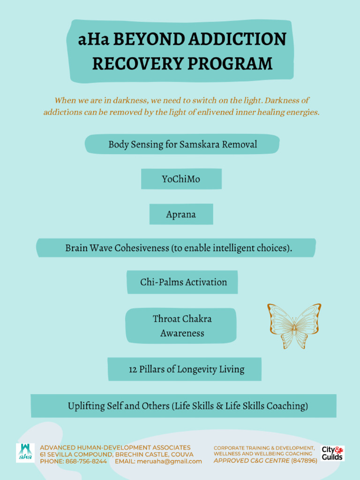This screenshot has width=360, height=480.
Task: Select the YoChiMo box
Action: (x=181, y=179)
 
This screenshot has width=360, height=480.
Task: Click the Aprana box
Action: (x=181, y=215)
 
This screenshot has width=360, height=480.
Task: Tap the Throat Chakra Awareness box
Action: (x=181, y=326)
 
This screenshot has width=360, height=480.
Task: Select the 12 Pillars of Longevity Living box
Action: (x=185, y=369)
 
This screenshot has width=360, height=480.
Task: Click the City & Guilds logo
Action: (x=332, y=453)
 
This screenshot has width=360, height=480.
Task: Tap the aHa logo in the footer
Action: (x=25, y=453)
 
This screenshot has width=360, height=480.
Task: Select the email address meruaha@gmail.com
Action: (x=169, y=461)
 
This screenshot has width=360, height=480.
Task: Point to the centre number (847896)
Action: (x=304, y=461)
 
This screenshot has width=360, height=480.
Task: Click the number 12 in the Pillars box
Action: (x=133, y=369)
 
